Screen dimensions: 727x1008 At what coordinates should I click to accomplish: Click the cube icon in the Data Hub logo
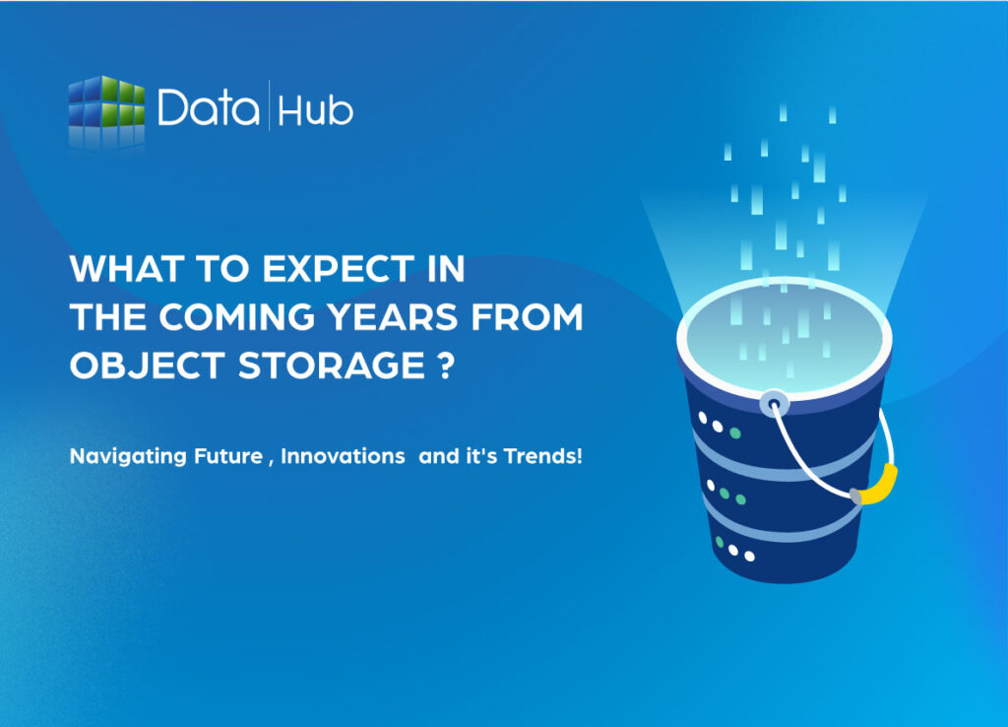tap(106, 110)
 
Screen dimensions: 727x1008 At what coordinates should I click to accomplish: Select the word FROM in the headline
tap(537, 317)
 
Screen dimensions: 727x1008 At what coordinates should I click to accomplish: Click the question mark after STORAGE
tap(448, 366)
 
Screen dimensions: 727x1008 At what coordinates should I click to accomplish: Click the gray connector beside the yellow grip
tap(855, 498)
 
